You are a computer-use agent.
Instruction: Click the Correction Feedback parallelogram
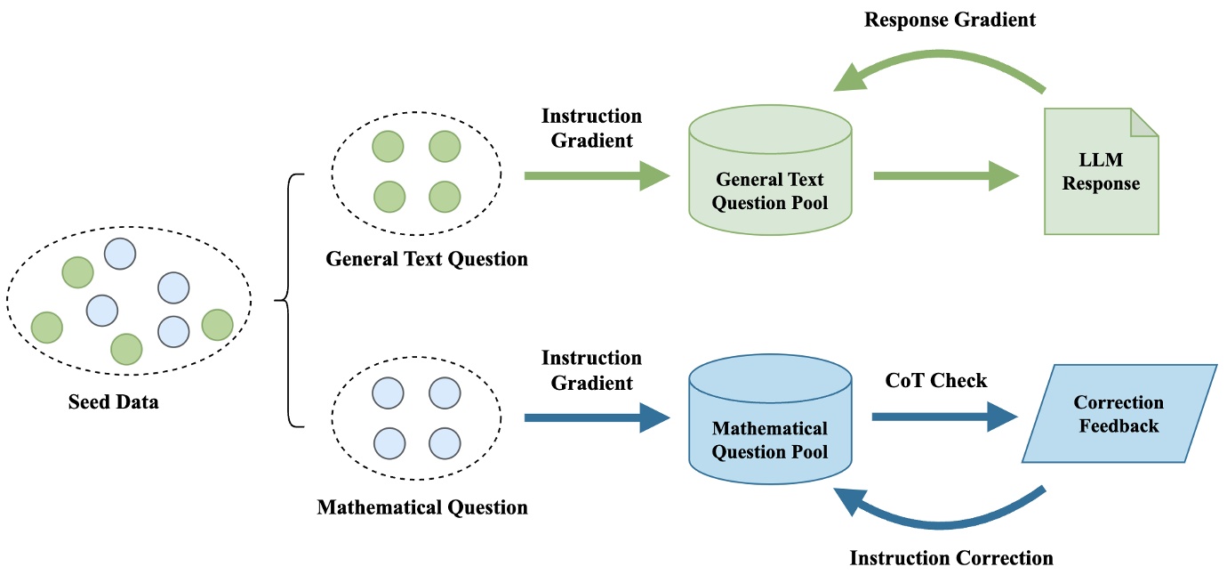1119,414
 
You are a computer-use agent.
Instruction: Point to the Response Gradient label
950,20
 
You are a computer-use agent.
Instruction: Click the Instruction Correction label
951,558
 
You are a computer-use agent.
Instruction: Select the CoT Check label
936,381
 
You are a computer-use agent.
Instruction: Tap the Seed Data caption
114,401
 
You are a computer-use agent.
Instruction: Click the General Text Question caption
427,259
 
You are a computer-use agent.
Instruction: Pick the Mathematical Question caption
422,507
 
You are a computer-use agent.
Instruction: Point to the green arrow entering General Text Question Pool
596,176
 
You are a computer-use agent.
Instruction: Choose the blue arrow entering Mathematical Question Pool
596,417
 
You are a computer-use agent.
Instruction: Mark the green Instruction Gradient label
591,128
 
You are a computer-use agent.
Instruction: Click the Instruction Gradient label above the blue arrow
591,370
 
